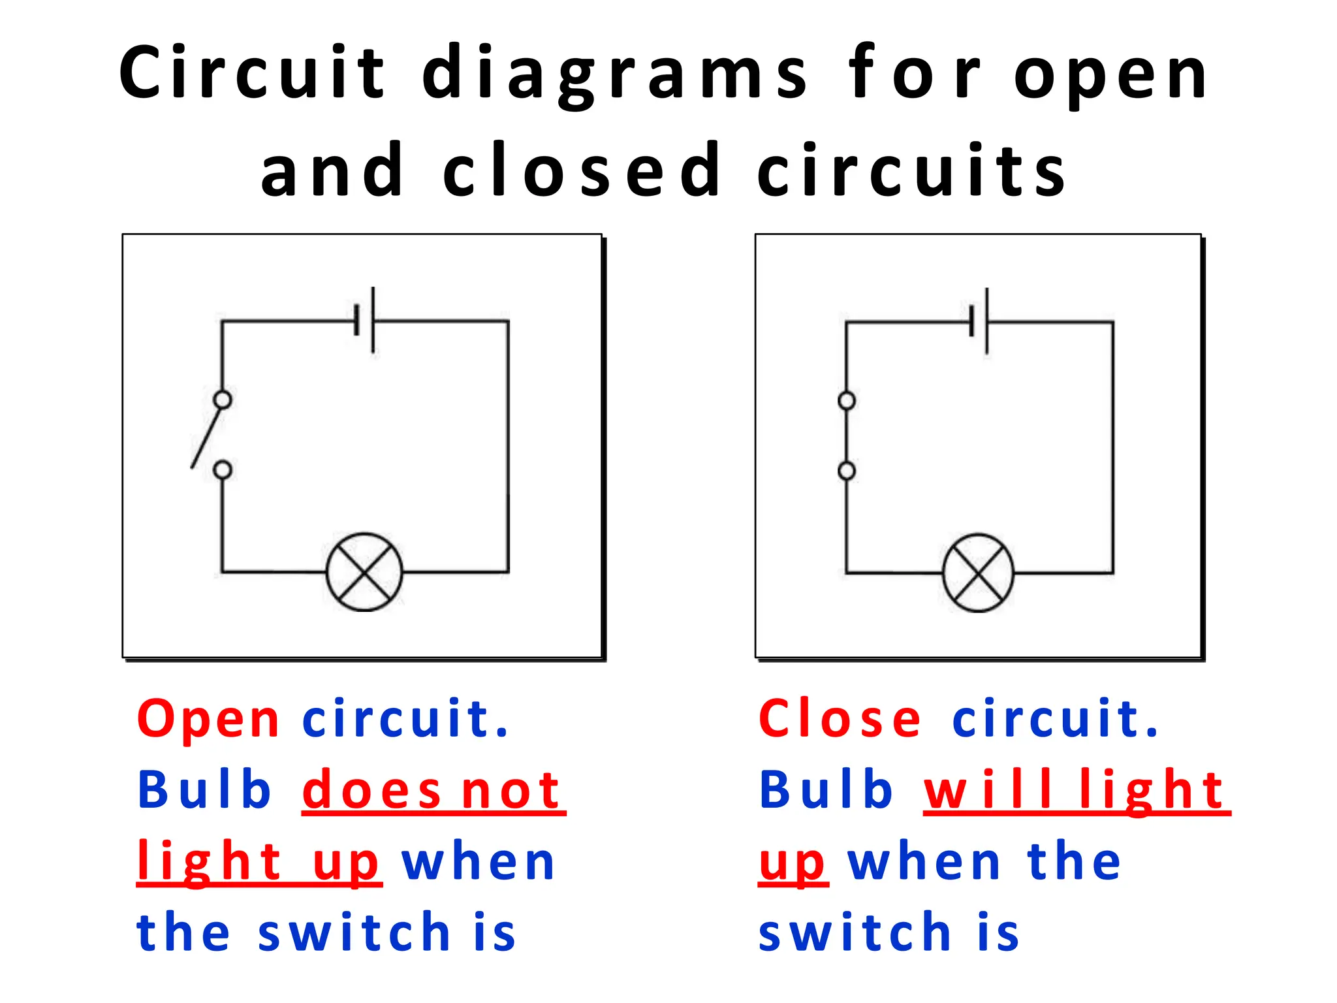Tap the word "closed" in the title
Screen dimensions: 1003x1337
pos(581,171)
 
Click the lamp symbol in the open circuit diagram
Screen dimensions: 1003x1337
pos(364,572)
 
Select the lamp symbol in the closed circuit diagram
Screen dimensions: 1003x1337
pos(978,573)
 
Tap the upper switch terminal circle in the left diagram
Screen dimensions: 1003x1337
pos(223,400)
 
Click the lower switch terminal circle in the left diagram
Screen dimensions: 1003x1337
pos(223,470)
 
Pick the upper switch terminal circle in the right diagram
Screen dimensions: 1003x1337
pos(847,400)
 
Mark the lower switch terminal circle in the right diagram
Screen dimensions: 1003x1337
pos(847,471)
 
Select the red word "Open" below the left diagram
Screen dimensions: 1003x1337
pos(208,720)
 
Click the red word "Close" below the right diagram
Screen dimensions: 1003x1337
pos(840,720)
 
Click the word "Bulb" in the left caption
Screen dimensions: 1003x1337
pos(204,791)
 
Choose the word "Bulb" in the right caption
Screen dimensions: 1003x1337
pos(826,791)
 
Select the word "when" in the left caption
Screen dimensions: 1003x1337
pos(479,863)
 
